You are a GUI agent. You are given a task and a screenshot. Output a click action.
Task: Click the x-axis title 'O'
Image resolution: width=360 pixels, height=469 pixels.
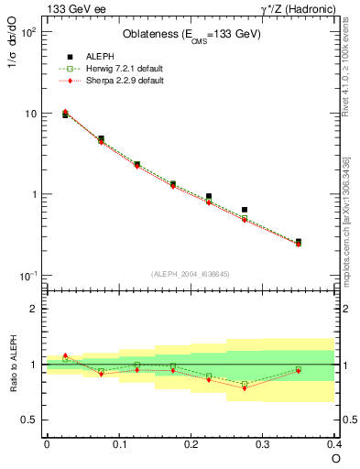click(336, 457)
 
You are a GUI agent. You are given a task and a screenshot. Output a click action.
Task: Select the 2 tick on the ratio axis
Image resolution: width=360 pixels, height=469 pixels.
click(34, 309)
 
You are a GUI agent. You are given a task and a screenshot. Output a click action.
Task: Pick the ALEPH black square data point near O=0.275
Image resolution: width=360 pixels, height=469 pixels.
click(245, 210)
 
